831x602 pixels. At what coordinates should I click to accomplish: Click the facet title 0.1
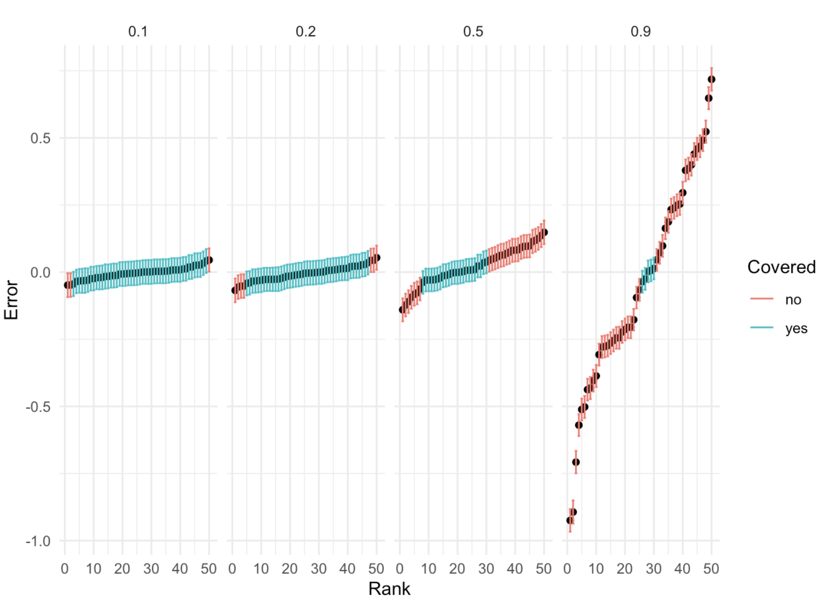[x=138, y=31]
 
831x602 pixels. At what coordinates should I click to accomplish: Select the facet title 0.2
[x=306, y=31]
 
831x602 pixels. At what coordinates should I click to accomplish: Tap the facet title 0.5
[x=473, y=31]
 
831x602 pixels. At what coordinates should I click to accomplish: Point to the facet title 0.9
[x=640, y=31]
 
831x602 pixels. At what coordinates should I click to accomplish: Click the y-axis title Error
[x=11, y=300]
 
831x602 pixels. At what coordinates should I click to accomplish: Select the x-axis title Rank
[x=389, y=589]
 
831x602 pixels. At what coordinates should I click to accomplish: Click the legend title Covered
[x=781, y=267]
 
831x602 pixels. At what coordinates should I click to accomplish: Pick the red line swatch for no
[x=761, y=299]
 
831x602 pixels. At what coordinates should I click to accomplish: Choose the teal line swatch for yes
[x=761, y=328]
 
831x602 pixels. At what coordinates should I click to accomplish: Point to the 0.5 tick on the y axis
[x=40, y=138]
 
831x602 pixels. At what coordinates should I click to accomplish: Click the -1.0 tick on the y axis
[x=38, y=541]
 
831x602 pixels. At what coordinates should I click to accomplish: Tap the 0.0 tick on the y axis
[x=40, y=272]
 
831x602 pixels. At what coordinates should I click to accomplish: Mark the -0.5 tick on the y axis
[x=38, y=407]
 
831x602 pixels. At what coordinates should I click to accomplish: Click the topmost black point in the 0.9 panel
[x=711, y=79]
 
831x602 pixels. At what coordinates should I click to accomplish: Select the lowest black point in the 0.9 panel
[x=570, y=520]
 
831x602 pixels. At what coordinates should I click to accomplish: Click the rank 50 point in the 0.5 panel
[x=544, y=232]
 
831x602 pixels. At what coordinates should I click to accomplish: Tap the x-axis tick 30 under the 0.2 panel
[x=319, y=569]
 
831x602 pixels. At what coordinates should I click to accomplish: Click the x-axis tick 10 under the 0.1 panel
[x=93, y=569]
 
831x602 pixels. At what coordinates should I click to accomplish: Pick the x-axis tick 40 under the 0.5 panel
[x=515, y=569]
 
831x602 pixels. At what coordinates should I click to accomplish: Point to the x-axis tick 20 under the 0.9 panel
[x=625, y=569]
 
